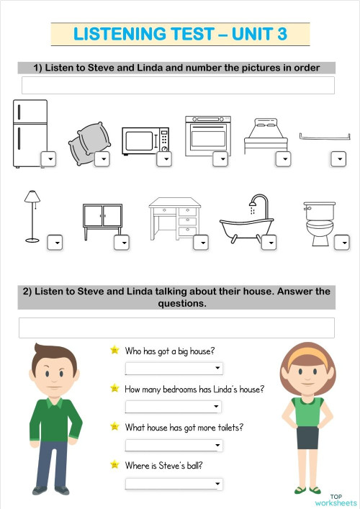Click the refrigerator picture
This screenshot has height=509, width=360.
[x=30, y=133]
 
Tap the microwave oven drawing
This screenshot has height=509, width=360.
[x=145, y=140]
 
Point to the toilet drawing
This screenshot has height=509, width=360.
[x=318, y=223]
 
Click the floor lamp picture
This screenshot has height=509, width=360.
[x=32, y=215]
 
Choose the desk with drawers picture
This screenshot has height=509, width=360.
[x=174, y=219]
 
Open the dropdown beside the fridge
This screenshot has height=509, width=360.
[x=48, y=159]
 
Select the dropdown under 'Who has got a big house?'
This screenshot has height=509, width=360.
[x=174, y=369]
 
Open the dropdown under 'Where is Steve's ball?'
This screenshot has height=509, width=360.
[x=174, y=483]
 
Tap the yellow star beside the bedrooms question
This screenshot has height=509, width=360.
[x=114, y=389]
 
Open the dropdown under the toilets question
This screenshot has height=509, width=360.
[x=174, y=445]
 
